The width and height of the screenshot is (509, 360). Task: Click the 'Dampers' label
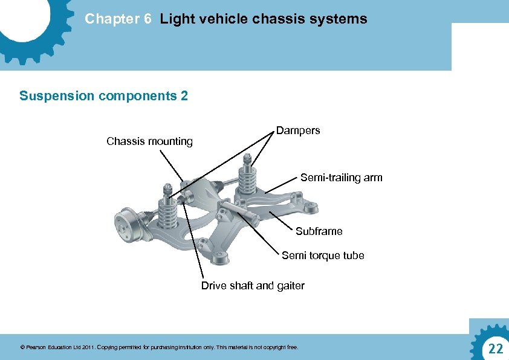tap(298, 130)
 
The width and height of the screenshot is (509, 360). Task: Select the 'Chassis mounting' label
tap(149, 142)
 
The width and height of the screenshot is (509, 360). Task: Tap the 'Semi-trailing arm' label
tap(341, 178)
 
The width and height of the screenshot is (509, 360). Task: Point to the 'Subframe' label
tap(319, 231)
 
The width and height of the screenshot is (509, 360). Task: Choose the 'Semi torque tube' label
tap(323, 256)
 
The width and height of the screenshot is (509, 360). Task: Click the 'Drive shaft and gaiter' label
tap(253, 286)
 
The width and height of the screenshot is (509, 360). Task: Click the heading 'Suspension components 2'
tap(103, 96)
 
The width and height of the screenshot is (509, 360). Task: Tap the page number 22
tap(495, 348)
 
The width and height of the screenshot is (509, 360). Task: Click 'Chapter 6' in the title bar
tap(118, 19)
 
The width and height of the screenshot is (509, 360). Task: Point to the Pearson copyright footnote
tap(159, 347)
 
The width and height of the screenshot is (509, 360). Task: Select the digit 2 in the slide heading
tap(184, 96)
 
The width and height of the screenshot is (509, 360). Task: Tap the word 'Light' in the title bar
tap(175, 19)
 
